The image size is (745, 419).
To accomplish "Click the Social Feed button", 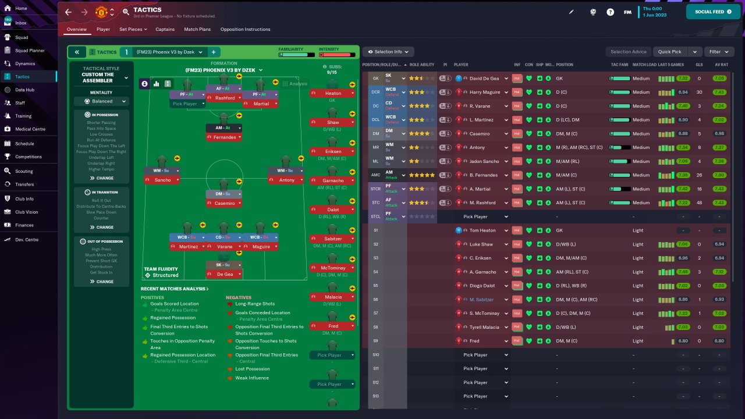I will click(x=713, y=12).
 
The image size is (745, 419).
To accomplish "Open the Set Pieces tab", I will click(x=133, y=29).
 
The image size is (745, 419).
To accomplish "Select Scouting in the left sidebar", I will click(x=24, y=171).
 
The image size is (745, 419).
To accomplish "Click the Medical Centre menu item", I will click(x=30, y=129).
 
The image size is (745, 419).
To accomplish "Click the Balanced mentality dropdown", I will click(x=101, y=101).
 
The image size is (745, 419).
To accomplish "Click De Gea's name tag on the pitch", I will click(x=225, y=274).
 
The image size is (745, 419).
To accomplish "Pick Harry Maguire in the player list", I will click(x=484, y=92).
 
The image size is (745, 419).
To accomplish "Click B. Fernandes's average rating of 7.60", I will click(x=719, y=175).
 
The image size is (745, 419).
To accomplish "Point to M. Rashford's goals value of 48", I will click(x=699, y=203).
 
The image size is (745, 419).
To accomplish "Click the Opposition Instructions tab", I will click(x=245, y=29).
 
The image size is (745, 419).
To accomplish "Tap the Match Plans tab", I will click(x=197, y=29).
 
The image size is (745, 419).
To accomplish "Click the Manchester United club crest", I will click(x=101, y=12).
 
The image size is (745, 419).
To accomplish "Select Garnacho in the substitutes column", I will click(x=333, y=180).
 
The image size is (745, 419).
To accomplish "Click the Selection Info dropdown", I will click(x=388, y=52).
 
